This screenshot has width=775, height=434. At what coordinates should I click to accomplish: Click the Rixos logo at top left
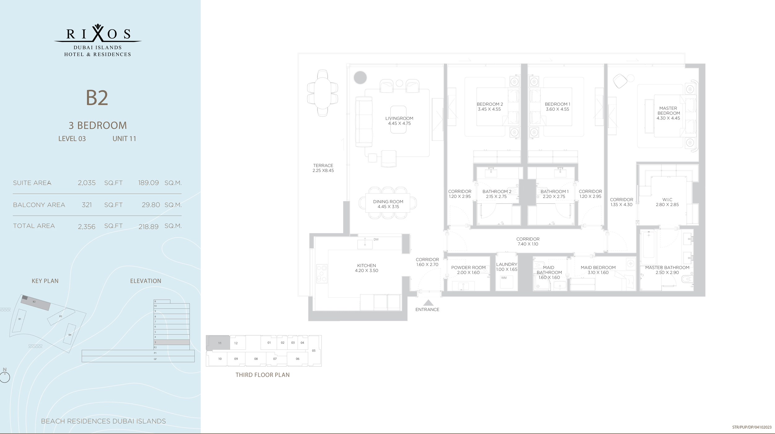(x=98, y=40)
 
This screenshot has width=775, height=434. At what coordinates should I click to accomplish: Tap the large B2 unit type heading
(x=97, y=98)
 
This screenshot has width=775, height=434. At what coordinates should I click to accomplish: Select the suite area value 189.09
(x=148, y=183)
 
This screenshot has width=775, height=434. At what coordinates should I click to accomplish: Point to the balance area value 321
(x=87, y=205)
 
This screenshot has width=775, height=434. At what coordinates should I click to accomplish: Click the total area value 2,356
(x=86, y=227)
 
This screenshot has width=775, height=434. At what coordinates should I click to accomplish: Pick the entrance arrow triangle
(x=428, y=303)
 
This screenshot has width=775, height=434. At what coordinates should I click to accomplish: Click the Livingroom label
(x=399, y=118)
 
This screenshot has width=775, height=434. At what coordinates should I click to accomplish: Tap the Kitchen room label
(x=366, y=266)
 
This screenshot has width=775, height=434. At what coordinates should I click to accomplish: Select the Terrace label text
(x=323, y=166)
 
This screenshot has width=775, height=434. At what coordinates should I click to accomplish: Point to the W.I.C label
(x=667, y=200)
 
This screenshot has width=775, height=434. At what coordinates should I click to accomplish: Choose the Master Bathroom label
(x=667, y=268)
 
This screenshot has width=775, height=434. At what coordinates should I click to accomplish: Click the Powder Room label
(x=468, y=268)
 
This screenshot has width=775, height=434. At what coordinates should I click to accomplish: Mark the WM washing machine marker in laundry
(x=504, y=278)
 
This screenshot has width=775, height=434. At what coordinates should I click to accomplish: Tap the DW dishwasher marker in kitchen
(x=376, y=240)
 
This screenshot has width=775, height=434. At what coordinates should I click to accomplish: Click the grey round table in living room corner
(x=360, y=77)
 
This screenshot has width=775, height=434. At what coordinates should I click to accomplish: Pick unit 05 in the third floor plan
(x=314, y=351)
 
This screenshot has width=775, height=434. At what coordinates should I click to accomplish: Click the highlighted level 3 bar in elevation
(x=171, y=342)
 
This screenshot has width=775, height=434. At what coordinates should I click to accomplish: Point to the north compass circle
(x=5, y=377)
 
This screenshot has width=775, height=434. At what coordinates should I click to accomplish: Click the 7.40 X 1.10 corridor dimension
(x=528, y=244)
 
